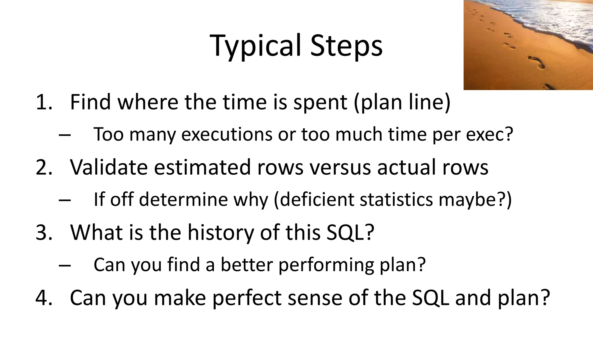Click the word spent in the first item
[x=320, y=103]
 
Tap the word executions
[x=227, y=135]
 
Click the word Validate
[x=109, y=167]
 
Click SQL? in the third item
[x=350, y=233]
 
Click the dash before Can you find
[x=65, y=265]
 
